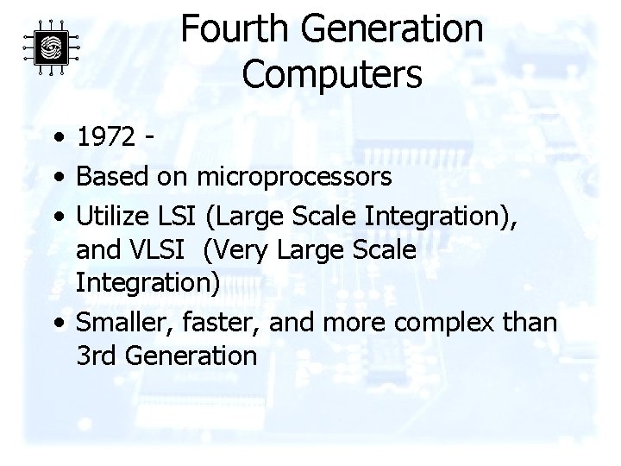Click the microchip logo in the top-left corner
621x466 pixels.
50,46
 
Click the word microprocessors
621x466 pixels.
294,177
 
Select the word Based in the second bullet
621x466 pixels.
112,177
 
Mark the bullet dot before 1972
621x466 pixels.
57,137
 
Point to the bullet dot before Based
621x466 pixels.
57,178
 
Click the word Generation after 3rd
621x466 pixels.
192,356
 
